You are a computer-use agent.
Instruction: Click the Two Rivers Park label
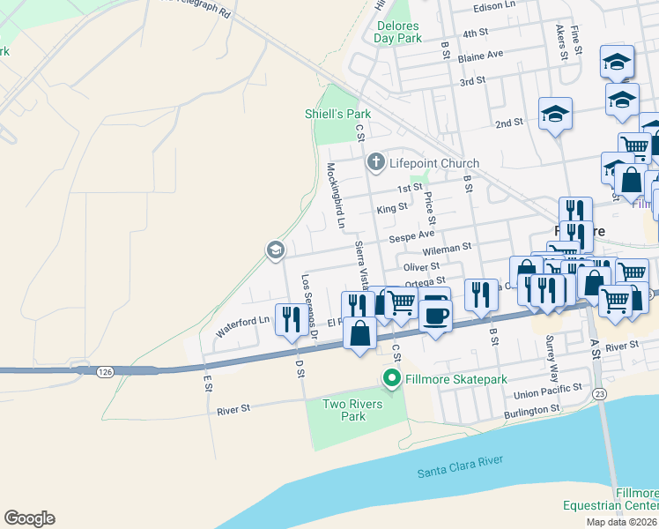tap(344, 410)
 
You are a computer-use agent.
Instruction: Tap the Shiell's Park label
tap(337, 114)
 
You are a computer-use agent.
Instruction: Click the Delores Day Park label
tap(397, 32)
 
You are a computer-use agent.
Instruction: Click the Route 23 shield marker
tap(599, 393)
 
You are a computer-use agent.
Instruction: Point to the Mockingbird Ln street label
tap(335, 196)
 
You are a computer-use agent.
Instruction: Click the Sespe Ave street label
tap(414, 235)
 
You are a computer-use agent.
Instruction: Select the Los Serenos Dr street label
tap(308, 305)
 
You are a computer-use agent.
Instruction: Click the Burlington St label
tap(532, 409)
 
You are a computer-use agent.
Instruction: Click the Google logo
tap(29, 518)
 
